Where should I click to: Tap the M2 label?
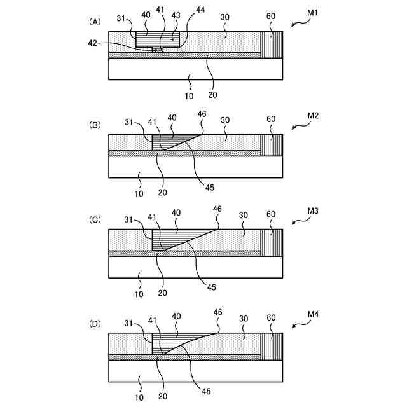[314, 116]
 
